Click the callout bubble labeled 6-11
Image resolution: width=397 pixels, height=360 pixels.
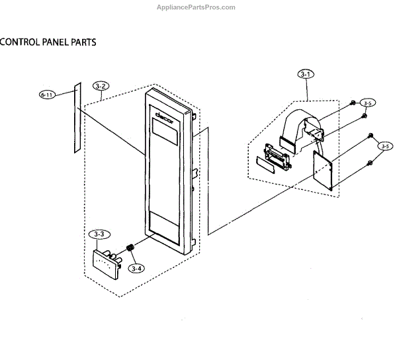(46, 95)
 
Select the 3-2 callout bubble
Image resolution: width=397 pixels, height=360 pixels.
(101, 86)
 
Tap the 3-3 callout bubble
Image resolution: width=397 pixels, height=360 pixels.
(99, 234)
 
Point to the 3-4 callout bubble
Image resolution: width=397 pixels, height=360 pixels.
(136, 268)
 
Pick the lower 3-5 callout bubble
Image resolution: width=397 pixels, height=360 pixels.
(384, 146)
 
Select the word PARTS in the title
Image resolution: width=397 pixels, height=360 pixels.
(81, 42)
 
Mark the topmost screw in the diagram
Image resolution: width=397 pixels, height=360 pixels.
(353, 103)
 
